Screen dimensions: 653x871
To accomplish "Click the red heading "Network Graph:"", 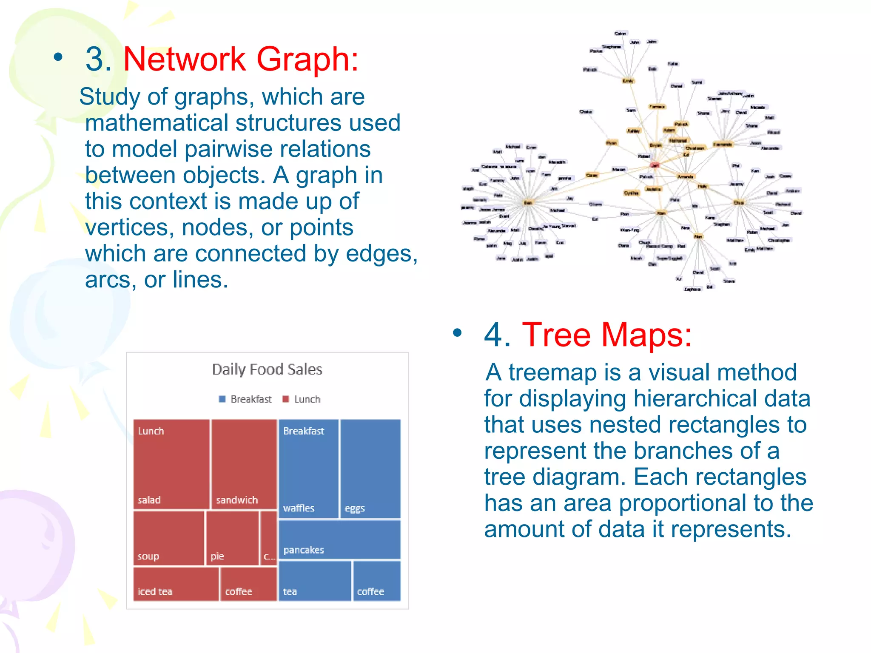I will [x=241, y=59].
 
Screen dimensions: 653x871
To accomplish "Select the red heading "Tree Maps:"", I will [x=606, y=335].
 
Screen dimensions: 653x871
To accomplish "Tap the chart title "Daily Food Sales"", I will [x=267, y=369].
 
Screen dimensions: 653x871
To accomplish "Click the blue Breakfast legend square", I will [x=222, y=399].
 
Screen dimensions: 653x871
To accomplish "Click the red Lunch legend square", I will [x=286, y=399].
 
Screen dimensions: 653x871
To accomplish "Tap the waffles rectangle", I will [x=308, y=468].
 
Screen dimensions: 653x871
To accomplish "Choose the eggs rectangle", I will [x=370, y=468].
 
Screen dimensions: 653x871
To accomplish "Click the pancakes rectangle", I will [x=339, y=539].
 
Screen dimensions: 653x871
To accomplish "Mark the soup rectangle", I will [x=169, y=538].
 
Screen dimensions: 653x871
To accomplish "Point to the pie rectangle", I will [x=232, y=538].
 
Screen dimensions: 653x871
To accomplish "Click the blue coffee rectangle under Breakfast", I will [x=377, y=581].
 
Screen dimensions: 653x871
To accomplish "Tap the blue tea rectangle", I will [x=315, y=581].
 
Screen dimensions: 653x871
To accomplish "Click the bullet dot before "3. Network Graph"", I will [x=58, y=57].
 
